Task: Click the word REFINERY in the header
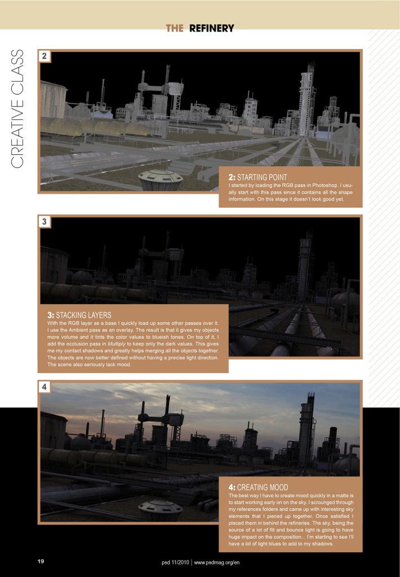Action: pyautogui.click(x=211, y=28)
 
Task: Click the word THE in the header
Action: pyautogui.click(x=175, y=28)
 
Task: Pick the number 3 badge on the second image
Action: pyautogui.click(x=45, y=222)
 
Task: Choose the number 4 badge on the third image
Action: pyautogui.click(x=45, y=387)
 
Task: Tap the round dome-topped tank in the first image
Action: pyautogui.click(x=161, y=179)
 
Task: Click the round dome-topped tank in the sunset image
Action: pyautogui.click(x=160, y=510)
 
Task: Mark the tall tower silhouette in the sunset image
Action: pyautogui.click(x=307, y=428)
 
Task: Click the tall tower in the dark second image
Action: pyautogui.click(x=305, y=262)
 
